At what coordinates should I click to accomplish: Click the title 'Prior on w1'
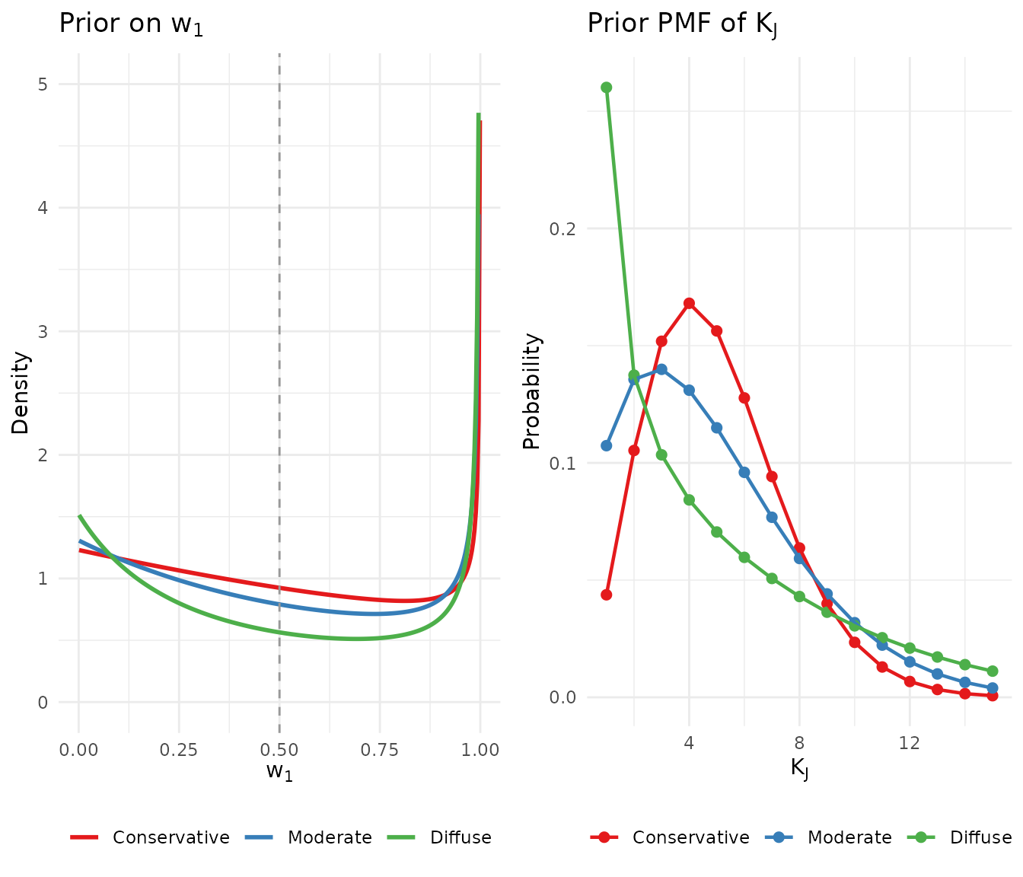point(131,24)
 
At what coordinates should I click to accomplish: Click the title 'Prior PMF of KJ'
point(682,24)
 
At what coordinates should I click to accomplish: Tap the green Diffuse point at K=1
point(607,88)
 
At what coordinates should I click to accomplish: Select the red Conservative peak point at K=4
point(689,303)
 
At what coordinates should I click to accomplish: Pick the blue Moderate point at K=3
point(661,369)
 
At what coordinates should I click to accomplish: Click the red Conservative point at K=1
point(607,595)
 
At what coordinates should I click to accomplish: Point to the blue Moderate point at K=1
point(607,445)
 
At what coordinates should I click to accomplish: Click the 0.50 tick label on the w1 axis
point(279,750)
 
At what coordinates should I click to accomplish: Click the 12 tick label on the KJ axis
point(910,742)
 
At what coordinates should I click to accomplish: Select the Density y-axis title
point(21,393)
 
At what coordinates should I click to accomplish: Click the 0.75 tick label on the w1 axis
point(380,750)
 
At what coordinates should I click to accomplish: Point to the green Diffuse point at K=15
point(993,671)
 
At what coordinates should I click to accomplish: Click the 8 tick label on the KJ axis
point(799,742)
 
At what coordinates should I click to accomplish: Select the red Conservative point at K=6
point(744,397)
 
